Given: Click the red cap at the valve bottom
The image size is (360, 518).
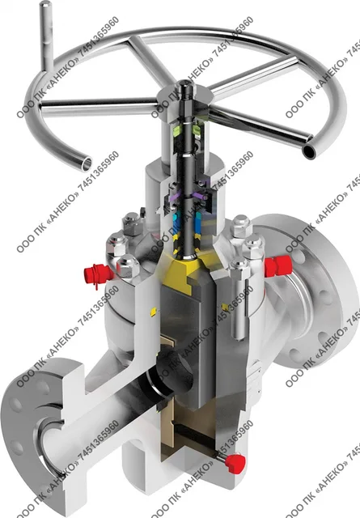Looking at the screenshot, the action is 235,462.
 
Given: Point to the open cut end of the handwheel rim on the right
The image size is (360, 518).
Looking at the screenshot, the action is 311,151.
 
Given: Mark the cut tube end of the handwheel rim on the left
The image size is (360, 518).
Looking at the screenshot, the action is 87,163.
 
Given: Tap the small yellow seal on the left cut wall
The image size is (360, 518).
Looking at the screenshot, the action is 153,312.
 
